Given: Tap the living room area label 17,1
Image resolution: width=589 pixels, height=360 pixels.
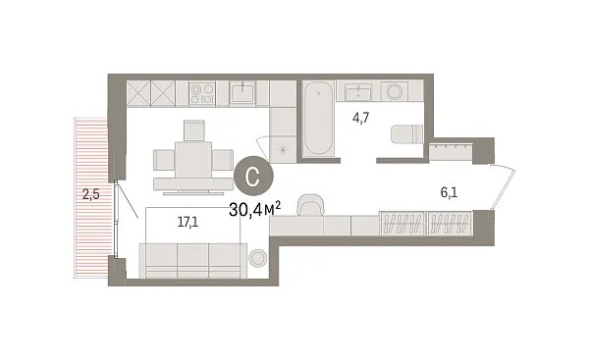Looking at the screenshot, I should (x=187, y=223).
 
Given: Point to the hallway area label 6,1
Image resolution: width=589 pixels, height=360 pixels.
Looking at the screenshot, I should (x=451, y=193).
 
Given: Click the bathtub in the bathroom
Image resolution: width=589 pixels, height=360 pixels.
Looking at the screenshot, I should (x=317, y=122).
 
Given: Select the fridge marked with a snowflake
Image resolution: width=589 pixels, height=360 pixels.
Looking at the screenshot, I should (x=284, y=147).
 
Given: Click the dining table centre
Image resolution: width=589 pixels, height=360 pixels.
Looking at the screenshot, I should (x=191, y=158).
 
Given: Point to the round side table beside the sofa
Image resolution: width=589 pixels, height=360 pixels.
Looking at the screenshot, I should (x=259, y=259).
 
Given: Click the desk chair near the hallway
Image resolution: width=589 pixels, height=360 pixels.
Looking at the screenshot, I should (x=311, y=204).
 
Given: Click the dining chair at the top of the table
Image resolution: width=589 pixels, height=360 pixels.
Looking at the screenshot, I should (x=192, y=130).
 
